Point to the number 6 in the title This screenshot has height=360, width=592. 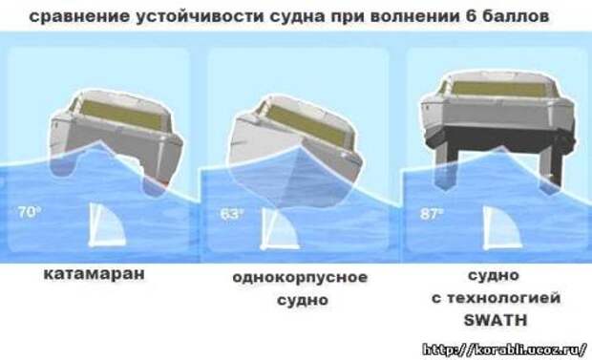471,16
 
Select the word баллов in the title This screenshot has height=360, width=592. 516,16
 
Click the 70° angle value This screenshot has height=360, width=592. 29,212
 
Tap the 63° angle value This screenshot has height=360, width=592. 231,214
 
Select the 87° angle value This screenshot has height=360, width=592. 432,214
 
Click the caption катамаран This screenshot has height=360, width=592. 94,274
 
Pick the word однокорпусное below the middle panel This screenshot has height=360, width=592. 300,278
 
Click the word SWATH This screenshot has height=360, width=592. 495,320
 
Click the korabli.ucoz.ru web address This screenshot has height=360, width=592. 504,349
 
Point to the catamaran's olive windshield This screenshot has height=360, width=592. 121,115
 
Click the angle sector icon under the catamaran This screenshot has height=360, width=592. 107,225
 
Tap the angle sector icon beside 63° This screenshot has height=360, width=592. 280,229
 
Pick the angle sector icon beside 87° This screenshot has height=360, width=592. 502,227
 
